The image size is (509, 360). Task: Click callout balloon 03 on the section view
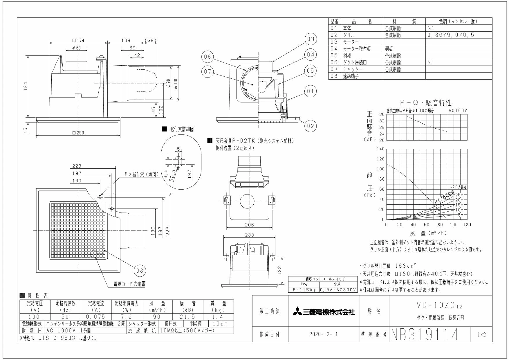[x=311, y=39]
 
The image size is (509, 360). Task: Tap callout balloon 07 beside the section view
[x=207, y=72]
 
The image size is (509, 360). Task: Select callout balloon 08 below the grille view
[x=140, y=271]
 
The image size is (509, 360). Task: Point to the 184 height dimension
[x=26, y=86]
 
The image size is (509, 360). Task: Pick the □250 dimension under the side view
[x=79, y=133]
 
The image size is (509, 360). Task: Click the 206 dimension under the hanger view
[x=249, y=224]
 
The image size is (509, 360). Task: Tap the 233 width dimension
[x=249, y=235]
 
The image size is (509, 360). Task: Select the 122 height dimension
[x=279, y=270]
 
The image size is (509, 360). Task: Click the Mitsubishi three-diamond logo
[x=297, y=312]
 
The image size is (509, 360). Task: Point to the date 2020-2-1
[x=324, y=334]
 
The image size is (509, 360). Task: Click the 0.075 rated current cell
[x=96, y=317]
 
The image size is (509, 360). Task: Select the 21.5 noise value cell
[x=188, y=317]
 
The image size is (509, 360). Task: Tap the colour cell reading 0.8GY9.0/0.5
[x=450, y=35]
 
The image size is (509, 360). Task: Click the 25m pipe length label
[x=459, y=195]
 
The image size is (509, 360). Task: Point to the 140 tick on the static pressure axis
[x=380, y=149]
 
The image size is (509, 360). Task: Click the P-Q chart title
[x=426, y=102]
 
